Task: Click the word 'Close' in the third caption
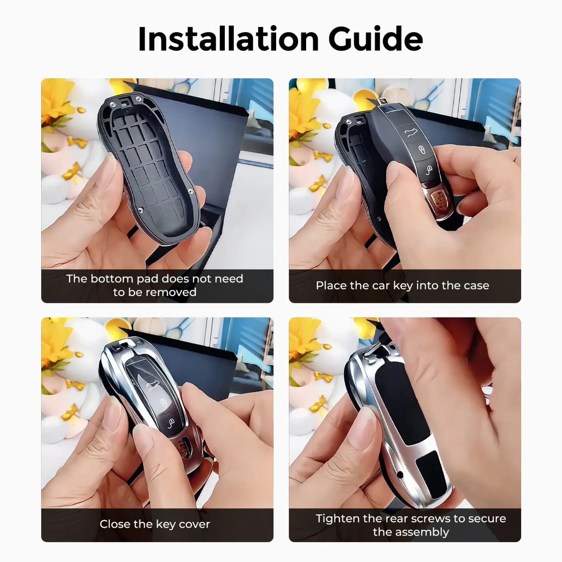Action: [x=114, y=524]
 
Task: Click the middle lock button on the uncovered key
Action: [x=422, y=150]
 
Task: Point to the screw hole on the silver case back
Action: [x=399, y=475]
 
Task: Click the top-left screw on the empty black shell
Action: [x=112, y=104]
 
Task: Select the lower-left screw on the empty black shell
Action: [x=141, y=210]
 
